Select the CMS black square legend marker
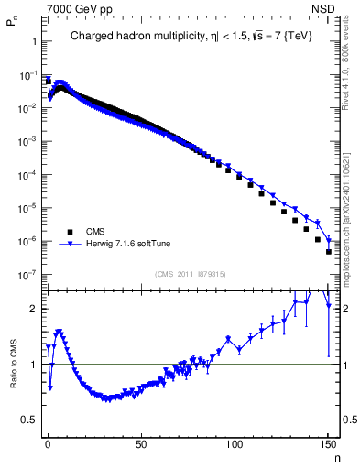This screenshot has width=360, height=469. pyautogui.click(x=69, y=231)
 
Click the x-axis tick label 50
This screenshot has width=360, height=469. pyautogui.click(x=141, y=443)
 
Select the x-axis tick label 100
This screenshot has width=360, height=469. pyautogui.click(x=235, y=443)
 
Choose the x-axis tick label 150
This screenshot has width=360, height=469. pyautogui.click(x=328, y=443)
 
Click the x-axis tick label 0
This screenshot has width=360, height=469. pyautogui.click(x=48, y=443)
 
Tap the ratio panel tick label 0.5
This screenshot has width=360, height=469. pyautogui.click(x=29, y=420)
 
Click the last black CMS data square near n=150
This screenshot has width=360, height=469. pyautogui.click(x=328, y=252)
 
